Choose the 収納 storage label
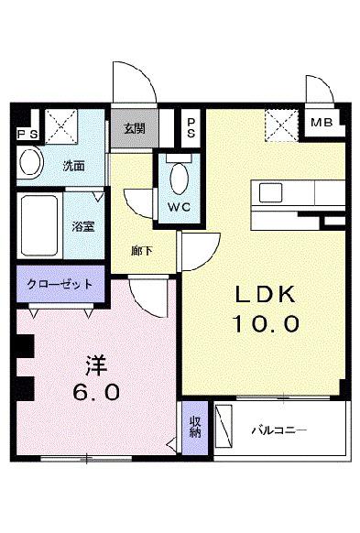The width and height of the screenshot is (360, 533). pos(195,426)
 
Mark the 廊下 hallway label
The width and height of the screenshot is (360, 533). pos(141,250)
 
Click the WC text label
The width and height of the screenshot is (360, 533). pos(179,206)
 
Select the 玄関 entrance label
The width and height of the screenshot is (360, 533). pos(134,128)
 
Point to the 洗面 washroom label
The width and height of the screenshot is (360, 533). pos(73,167)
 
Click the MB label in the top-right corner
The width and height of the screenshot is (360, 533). pos(321,123)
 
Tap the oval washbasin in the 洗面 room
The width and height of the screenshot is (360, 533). pos(32,165)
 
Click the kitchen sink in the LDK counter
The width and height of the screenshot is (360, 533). pos(272,192)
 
